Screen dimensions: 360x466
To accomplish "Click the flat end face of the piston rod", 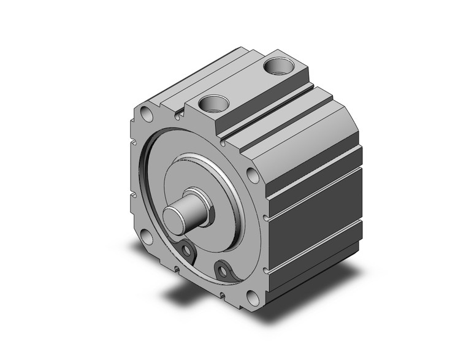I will point(175,219).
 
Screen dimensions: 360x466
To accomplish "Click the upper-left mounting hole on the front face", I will point(146,115).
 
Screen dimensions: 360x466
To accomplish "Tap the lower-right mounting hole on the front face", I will point(251,299).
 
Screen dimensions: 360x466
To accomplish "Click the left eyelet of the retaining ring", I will point(185,248).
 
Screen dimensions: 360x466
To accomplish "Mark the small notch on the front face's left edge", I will point(132,196).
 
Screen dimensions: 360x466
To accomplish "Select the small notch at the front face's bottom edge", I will point(178,267).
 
